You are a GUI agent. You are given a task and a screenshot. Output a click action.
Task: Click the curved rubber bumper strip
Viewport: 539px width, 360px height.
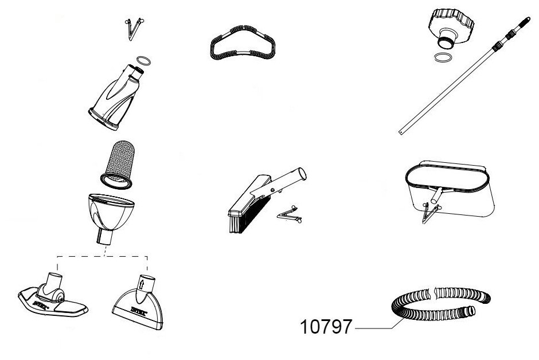pyautogui.click(x=241, y=42)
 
